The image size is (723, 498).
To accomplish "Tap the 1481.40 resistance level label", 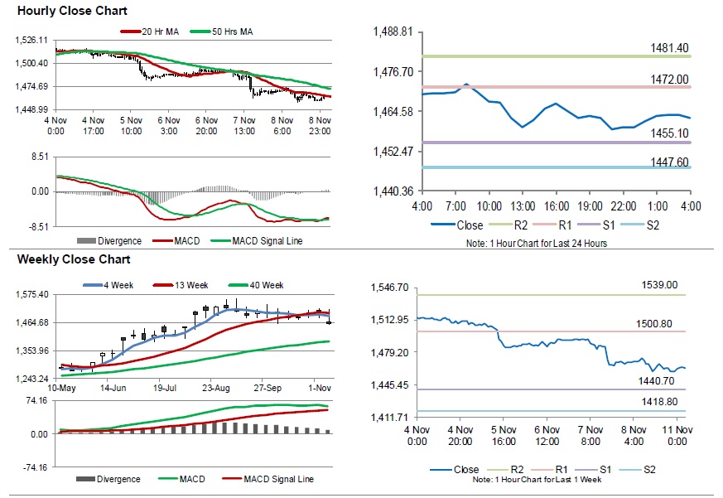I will click(669, 49).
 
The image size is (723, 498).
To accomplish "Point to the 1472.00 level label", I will click(669, 80).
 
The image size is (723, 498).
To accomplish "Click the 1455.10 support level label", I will click(669, 133).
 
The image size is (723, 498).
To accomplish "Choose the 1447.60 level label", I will click(669, 162).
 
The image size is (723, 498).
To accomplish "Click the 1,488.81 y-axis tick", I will click(394, 31).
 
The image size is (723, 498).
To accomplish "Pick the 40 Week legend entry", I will click(268, 285).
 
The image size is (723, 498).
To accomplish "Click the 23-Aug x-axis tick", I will click(218, 387).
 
